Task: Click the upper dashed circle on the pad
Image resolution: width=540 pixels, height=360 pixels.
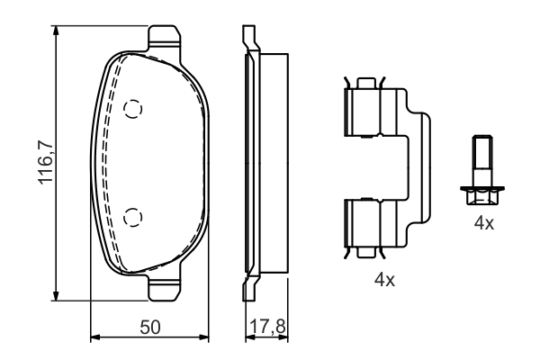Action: pyautogui.click(x=133, y=110)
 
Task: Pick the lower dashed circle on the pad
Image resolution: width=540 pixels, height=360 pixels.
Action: pyautogui.click(x=133, y=216)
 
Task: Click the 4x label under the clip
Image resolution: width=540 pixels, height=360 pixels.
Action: pyautogui.click(x=384, y=281)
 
